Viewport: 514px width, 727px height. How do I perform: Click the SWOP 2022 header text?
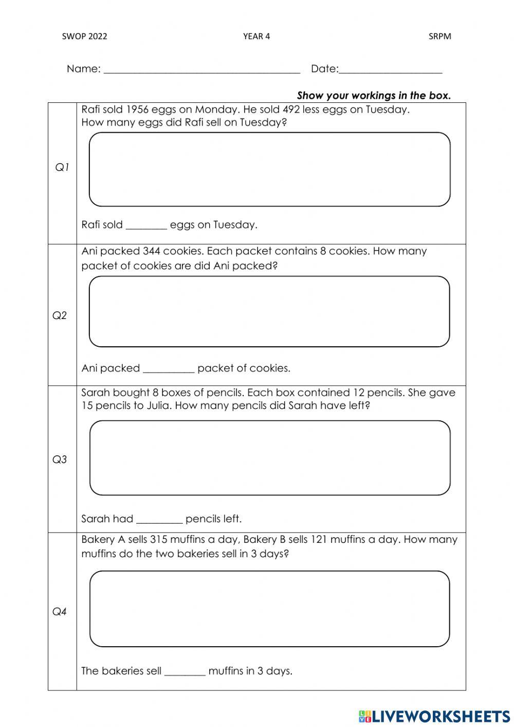[84, 36]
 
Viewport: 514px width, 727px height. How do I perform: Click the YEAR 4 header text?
[256, 36]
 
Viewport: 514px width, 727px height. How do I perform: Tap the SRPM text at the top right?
[439, 36]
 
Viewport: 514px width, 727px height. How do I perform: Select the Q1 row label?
[62, 167]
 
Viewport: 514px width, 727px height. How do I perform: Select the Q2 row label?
[60, 315]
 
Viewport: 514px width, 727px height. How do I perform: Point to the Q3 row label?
[60, 459]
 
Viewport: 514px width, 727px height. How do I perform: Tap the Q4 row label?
[60, 612]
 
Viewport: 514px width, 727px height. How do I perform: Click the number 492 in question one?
[291, 110]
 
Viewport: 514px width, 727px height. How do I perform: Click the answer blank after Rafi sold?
[146, 225]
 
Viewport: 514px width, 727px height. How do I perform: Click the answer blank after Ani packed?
[169, 369]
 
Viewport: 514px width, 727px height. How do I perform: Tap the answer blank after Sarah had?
[159, 520]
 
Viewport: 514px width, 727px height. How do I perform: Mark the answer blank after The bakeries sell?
[185, 671]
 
